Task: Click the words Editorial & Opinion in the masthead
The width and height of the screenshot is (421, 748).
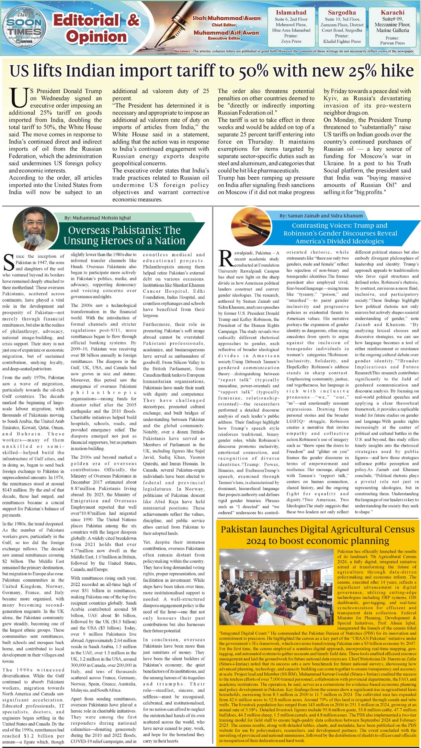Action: point(96,29)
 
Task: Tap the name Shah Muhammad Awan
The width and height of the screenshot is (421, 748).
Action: point(227,18)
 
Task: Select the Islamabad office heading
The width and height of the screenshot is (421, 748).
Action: point(291,13)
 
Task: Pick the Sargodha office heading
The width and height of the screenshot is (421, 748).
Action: point(342,13)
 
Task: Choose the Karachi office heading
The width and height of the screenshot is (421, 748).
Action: point(393,13)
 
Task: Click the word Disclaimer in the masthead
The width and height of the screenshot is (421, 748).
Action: point(182,51)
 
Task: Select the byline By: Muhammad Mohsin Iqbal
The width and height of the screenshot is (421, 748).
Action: point(97,218)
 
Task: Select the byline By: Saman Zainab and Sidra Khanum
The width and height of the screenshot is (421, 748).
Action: point(321,216)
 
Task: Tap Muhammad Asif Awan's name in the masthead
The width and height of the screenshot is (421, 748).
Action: point(226,33)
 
